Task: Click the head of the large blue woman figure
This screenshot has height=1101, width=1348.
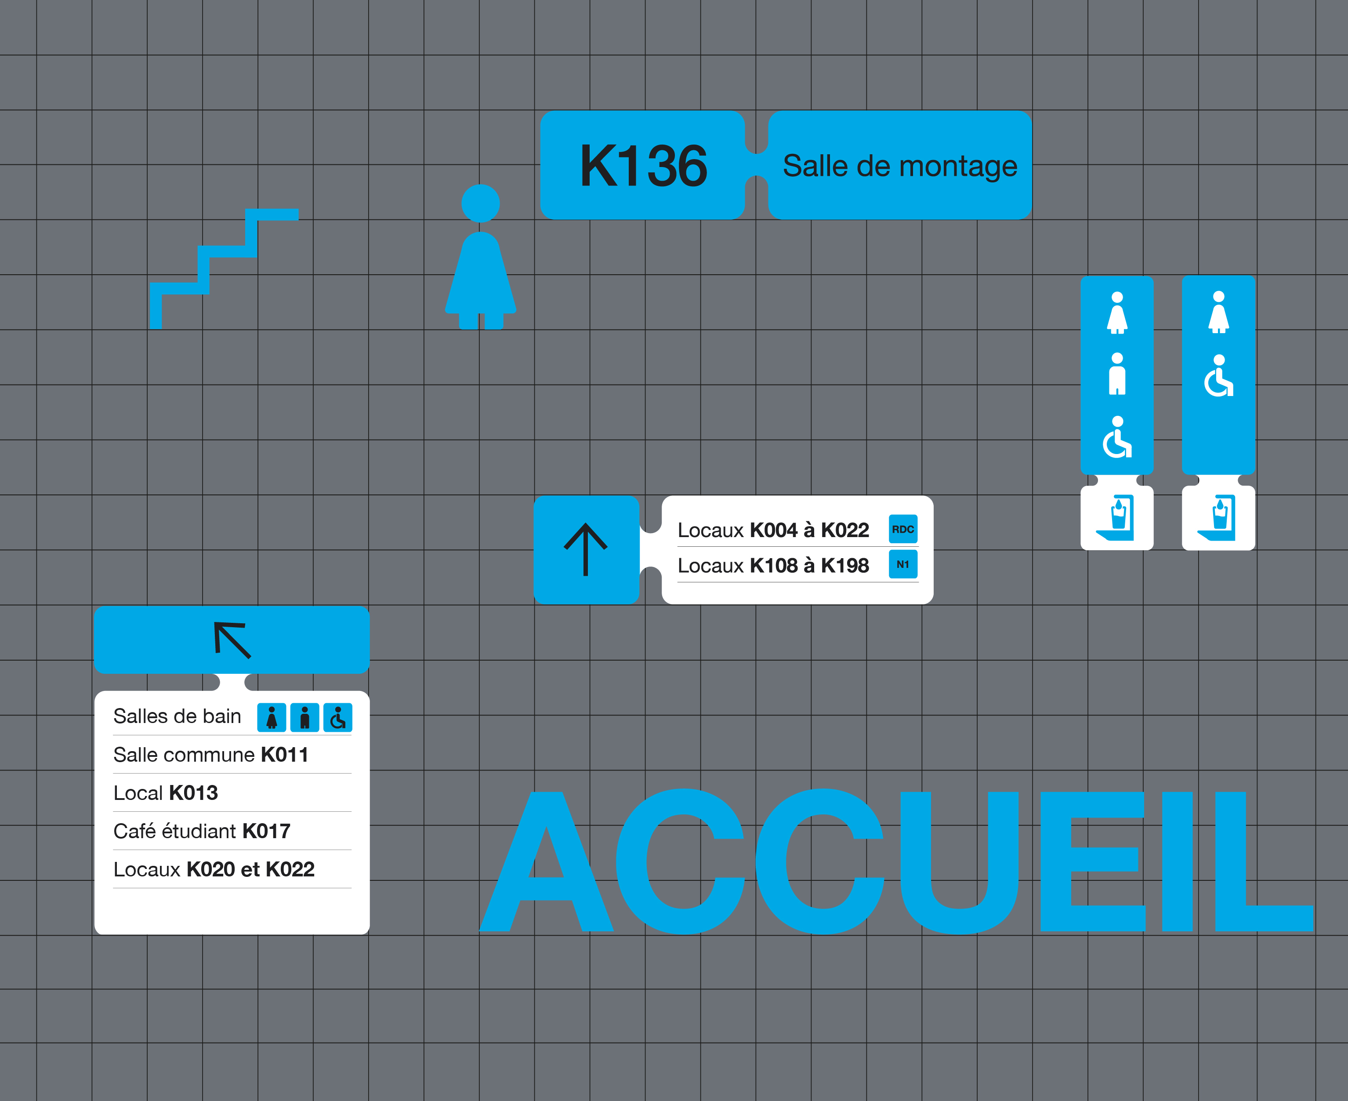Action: [x=481, y=203]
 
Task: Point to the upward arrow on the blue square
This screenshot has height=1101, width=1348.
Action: [x=586, y=549]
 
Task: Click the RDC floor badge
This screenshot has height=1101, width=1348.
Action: [x=903, y=529]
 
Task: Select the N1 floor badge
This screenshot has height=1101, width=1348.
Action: [x=903, y=564]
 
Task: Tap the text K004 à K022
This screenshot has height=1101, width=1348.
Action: [x=809, y=530]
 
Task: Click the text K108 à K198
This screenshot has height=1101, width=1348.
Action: [x=809, y=566]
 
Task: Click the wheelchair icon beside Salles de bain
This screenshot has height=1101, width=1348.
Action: [x=338, y=717]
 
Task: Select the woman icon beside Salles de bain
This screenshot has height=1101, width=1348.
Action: [x=272, y=717]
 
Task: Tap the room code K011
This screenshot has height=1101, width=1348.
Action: [x=285, y=755]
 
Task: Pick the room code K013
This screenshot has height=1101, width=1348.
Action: [x=193, y=793]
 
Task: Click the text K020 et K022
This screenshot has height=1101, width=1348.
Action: [x=250, y=869]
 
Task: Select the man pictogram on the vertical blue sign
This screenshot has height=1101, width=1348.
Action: [x=1117, y=374]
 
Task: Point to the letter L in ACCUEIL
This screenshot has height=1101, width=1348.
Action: [x=1264, y=861]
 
